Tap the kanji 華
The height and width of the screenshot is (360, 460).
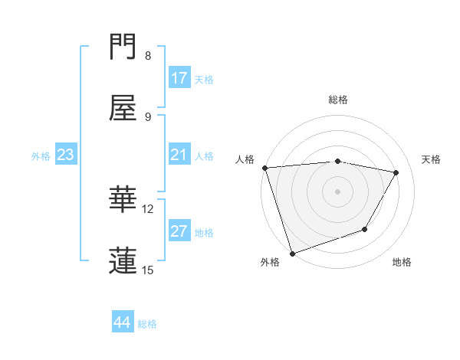pyautogui.click(x=123, y=199)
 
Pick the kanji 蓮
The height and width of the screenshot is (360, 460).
pyautogui.click(x=123, y=260)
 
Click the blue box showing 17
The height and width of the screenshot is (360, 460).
pyautogui.click(x=179, y=78)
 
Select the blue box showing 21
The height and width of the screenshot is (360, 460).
pyautogui.click(x=179, y=155)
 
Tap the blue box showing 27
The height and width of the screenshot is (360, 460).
pyautogui.click(x=179, y=231)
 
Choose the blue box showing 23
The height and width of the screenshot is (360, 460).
pyautogui.click(x=66, y=155)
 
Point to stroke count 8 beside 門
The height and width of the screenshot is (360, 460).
pyautogui.click(x=148, y=56)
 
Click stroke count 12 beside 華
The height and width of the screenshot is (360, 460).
pyautogui.click(x=148, y=208)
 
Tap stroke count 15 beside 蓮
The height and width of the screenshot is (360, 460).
pyautogui.click(x=148, y=270)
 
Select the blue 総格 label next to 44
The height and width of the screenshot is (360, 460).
pyautogui.click(x=148, y=324)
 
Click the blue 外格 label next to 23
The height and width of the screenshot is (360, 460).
pyautogui.click(x=41, y=156)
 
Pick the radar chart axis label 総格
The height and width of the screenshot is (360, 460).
pyautogui.click(x=338, y=100)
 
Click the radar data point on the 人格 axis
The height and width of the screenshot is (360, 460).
pyautogui.click(x=264, y=168)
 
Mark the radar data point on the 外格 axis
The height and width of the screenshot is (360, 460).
pyautogui.click(x=292, y=253)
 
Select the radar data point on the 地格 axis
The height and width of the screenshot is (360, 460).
pyautogui.click(x=366, y=229)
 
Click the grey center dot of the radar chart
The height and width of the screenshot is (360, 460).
pyautogui.click(x=338, y=191)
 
